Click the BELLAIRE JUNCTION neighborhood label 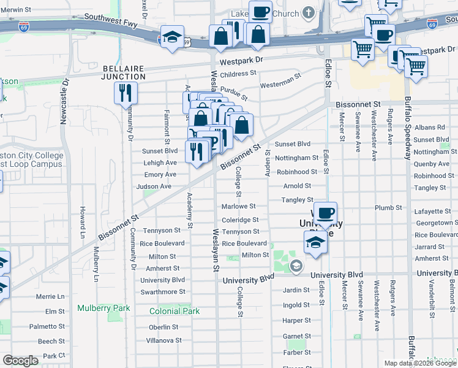124,72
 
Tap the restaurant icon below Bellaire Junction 125,93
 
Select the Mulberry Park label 96,308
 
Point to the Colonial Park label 175,311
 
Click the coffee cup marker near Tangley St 325,213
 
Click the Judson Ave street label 154,186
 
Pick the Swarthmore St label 163,292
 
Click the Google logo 20,361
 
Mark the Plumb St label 388,208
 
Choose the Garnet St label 296,336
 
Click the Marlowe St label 238,207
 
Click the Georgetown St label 436,223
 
